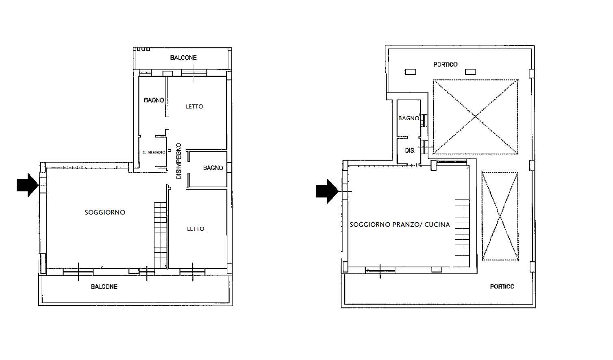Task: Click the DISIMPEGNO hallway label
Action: [179, 161]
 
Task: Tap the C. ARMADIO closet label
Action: [154, 152]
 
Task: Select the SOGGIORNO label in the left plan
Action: [105, 212]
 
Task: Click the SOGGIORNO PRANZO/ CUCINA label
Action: [400, 225]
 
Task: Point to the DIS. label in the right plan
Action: [410, 150]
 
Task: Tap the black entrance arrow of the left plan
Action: [27, 184]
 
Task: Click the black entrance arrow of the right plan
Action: [327, 191]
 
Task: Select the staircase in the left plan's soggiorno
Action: [161, 235]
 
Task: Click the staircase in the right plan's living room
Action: [462, 233]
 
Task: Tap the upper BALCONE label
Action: [183, 58]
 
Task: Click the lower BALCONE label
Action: [104, 286]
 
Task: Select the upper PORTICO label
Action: [445, 65]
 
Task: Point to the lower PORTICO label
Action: [502, 286]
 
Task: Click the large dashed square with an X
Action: [475, 117]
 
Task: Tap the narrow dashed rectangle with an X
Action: [500, 216]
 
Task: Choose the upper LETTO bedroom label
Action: [194, 106]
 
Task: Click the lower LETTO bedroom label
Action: [196, 229]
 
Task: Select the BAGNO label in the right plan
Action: [409, 119]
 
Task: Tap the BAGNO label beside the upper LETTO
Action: [154, 100]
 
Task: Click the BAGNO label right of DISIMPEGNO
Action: [213, 168]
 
